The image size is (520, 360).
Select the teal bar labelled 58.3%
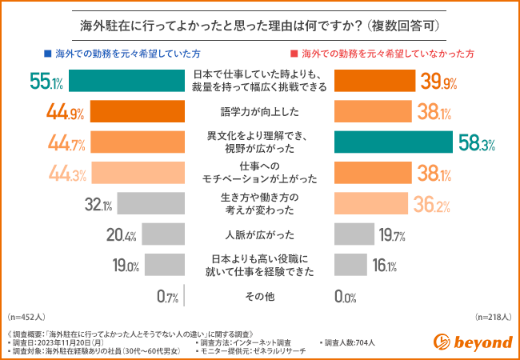click(393, 142)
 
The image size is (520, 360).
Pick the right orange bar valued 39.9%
click(374, 81)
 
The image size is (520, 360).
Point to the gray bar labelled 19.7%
click(354, 234)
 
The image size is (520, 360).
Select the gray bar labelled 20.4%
click(163, 234)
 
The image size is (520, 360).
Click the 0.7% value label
click(167, 297)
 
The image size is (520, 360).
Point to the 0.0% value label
click(345, 297)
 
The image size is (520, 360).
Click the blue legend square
click(47, 53)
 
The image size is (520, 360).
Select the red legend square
click(294, 53)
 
